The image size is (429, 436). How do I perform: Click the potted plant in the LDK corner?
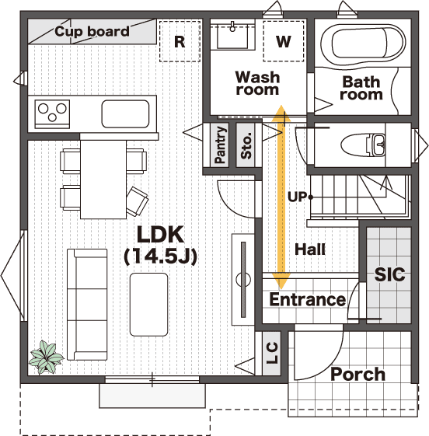point(46,357)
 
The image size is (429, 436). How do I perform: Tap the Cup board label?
point(92,31)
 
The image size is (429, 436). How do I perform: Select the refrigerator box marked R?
point(180,41)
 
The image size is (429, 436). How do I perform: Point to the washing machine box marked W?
point(284,41)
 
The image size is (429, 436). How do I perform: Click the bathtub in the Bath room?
point(363,44)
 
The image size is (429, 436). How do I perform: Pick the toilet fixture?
point(363,145)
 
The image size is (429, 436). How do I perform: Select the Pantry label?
point(220,145)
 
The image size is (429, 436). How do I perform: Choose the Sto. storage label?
point(246,145)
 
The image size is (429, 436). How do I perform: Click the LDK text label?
point(161,235)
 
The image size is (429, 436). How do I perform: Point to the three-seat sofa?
point(87,305)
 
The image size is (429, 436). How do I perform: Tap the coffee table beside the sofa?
point(148,305)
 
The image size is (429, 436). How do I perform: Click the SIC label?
point(389,274)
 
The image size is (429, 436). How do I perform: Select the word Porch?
point(358,375)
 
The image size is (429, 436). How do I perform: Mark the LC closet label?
point(272,353)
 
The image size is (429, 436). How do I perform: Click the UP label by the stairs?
point(297,197)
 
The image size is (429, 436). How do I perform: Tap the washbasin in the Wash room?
point(232,35)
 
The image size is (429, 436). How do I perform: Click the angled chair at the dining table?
point(138,201)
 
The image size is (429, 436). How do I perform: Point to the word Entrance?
point(308,299)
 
